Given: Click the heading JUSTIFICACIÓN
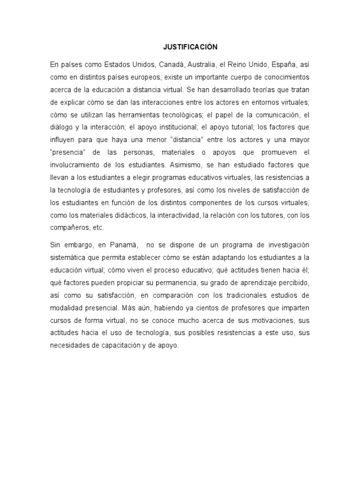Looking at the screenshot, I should [190, 47].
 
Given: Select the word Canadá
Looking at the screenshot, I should [172, 64].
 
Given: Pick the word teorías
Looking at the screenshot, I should [258, 90].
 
